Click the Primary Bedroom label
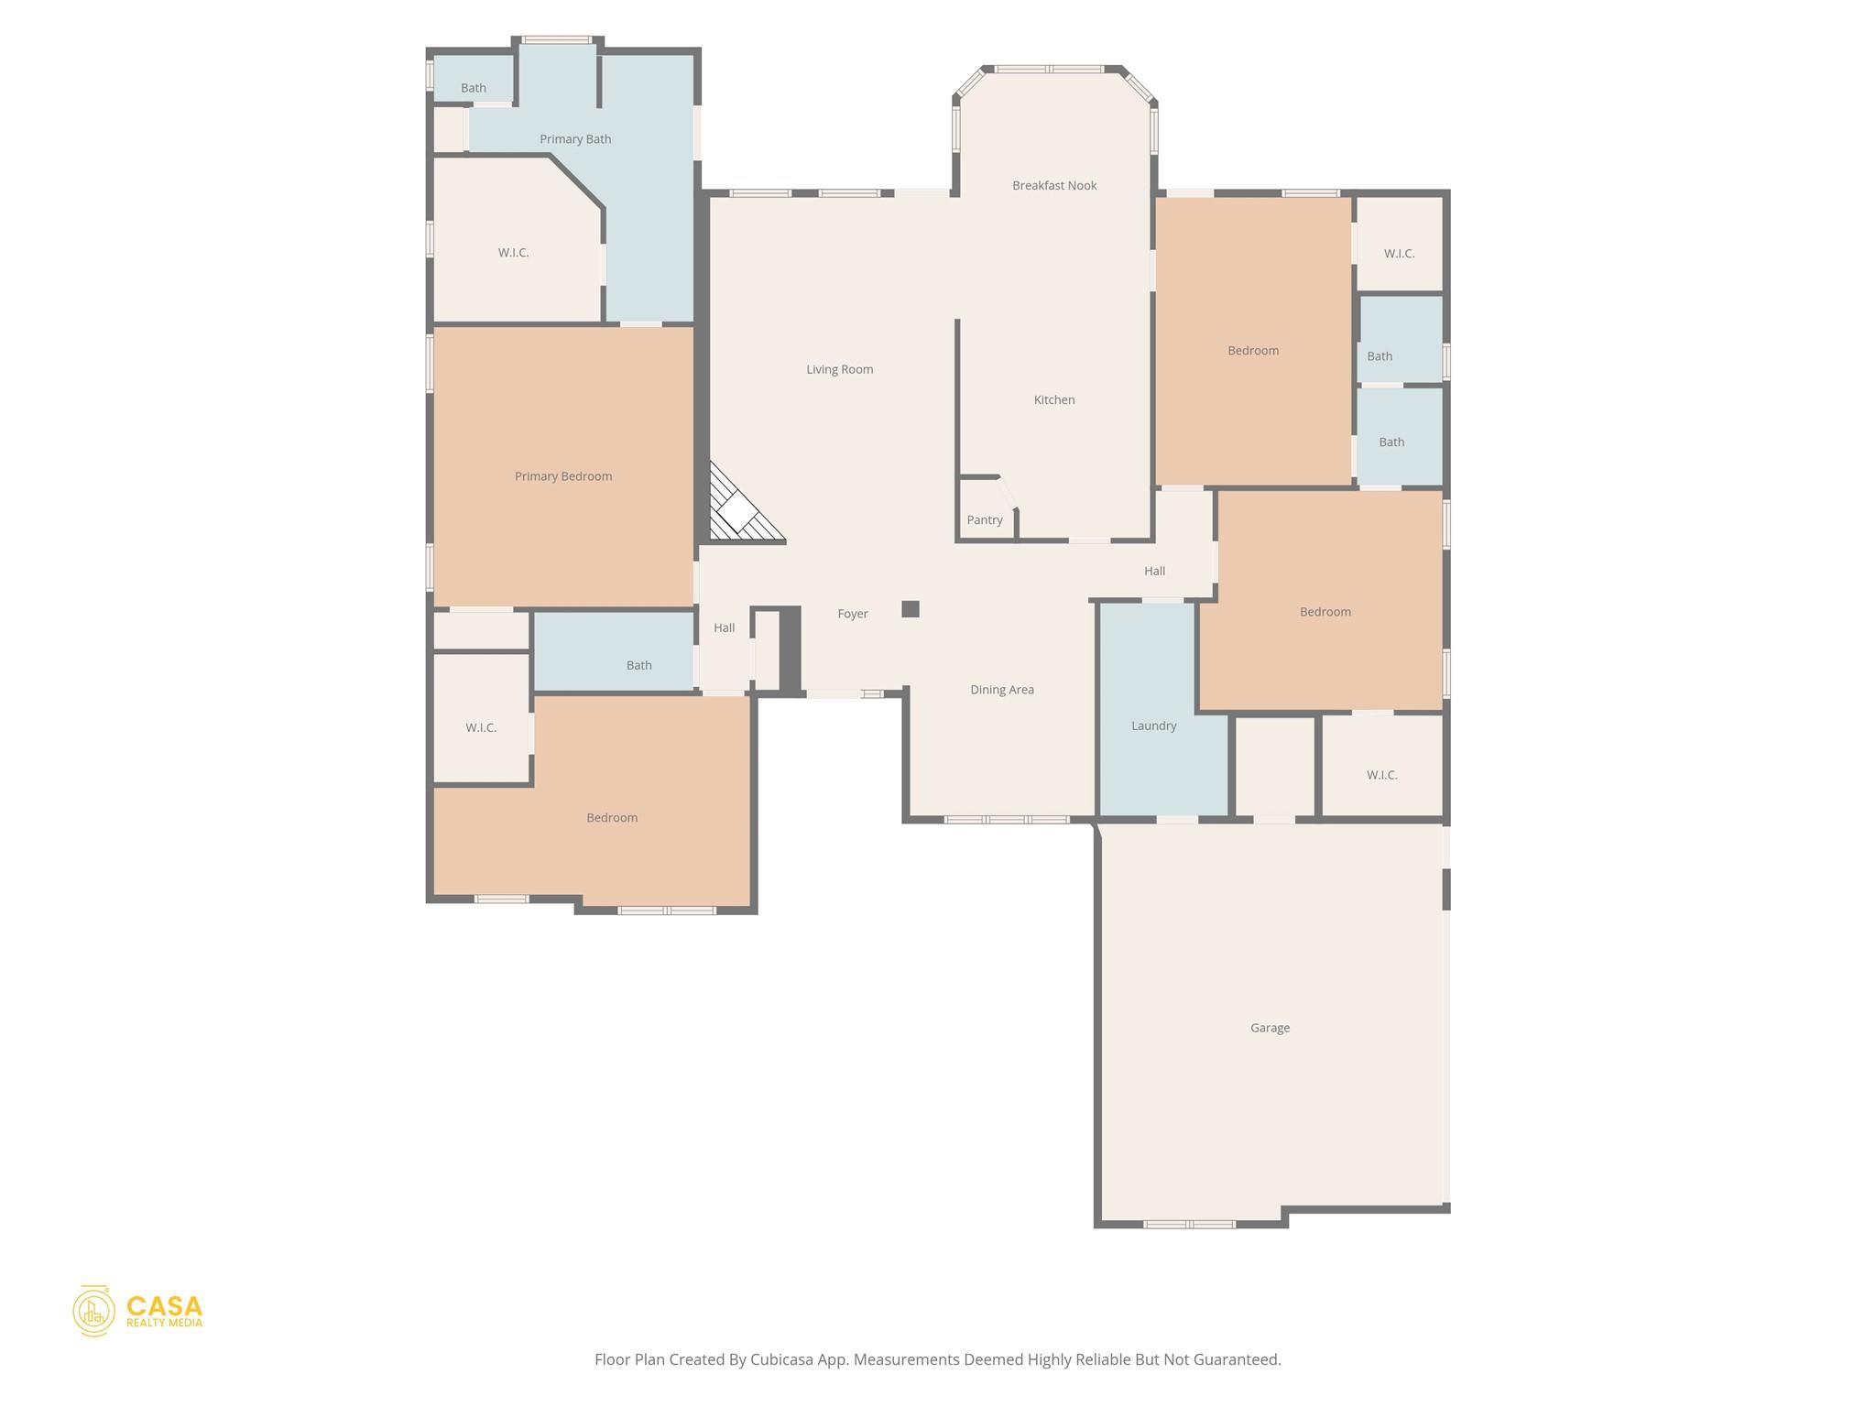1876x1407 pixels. (563, 476)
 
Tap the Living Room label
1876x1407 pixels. (840, 369)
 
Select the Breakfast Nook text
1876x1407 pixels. (1054, 185)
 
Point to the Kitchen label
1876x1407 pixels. (1054, 399)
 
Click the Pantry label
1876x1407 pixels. (985, 520)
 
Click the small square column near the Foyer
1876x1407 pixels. (911, 609)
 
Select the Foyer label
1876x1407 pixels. (853, 614)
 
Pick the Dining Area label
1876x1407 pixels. (1002, 690)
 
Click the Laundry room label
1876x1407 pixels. (1154, 725)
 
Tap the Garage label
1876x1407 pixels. (1271, 1028)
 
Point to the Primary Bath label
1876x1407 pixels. (575, 139)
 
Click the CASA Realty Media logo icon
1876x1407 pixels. (94, 1311)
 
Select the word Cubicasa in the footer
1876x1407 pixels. (783, 1359)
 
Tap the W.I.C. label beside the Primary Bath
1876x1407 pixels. (514, 253)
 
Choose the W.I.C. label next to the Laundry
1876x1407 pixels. (1382, 775)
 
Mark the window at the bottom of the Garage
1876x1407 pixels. (1189, 1224)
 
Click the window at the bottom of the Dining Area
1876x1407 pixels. (1007, 820)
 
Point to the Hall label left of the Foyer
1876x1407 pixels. (725, 627)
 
